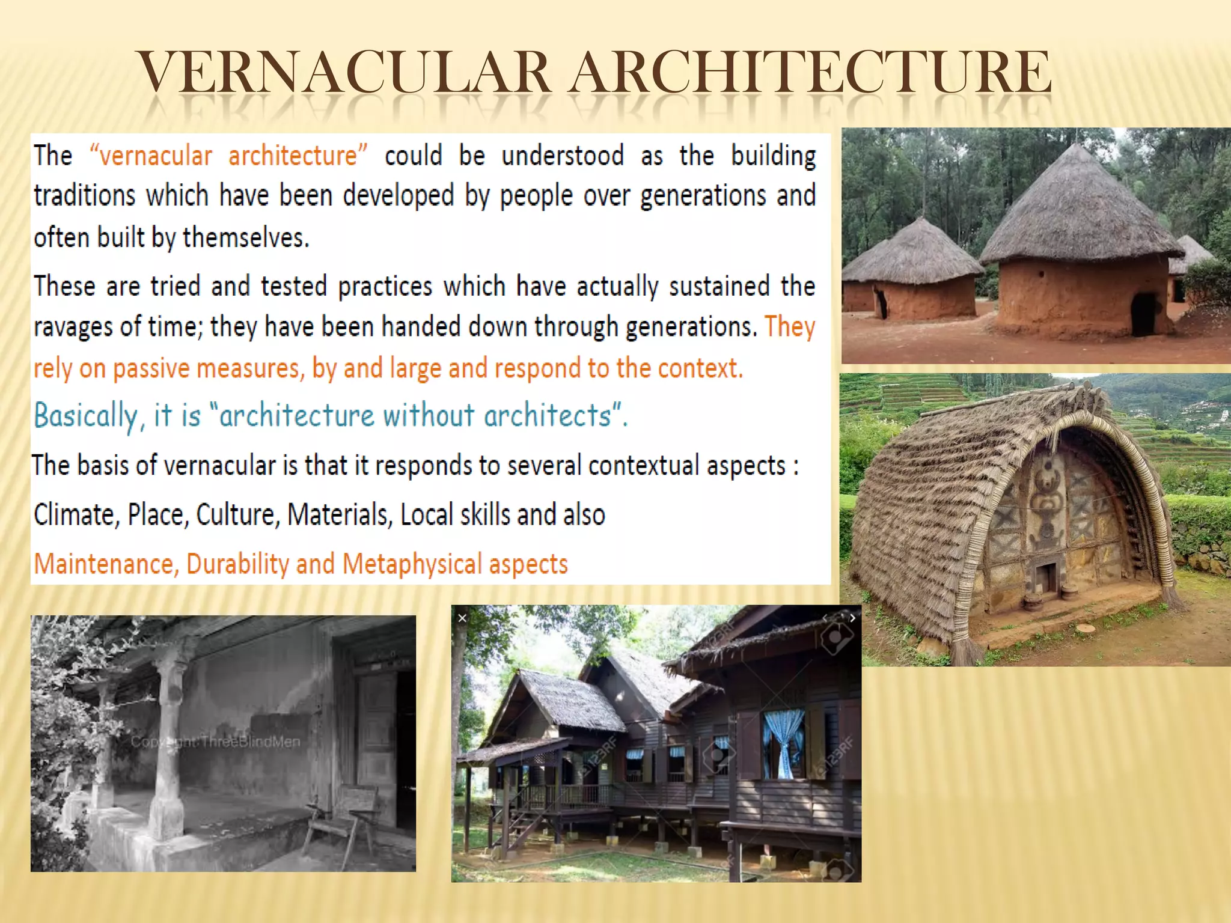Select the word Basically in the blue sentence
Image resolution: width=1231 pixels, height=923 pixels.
[x=86, y=415]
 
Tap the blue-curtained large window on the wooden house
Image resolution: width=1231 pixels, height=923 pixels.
[x=783, y=744]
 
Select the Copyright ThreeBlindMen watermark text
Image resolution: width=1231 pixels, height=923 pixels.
[x=215, y=742]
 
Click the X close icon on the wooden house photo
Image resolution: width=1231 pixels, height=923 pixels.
[x=462, y=618]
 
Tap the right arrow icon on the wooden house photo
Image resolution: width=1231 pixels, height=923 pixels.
[x=852, y=617]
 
